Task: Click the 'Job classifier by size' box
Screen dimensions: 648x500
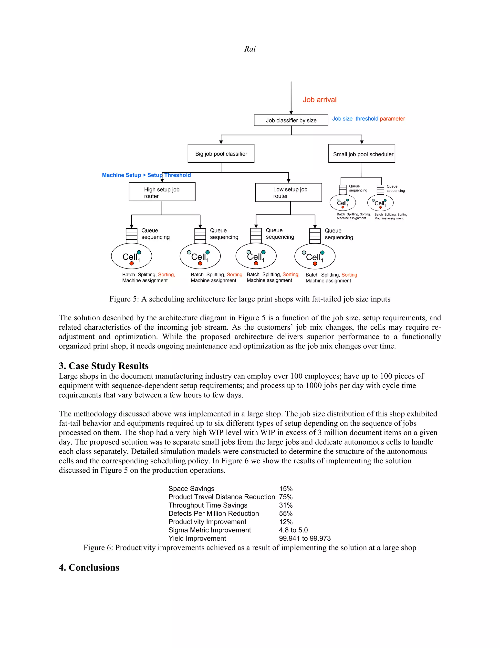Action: (291, 120)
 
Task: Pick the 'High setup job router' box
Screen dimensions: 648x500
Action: (162, 192)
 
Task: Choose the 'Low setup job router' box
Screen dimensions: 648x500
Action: (289, 192)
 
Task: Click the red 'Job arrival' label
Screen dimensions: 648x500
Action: (320, 100)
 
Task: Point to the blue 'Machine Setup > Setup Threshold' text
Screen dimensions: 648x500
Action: (146, 175)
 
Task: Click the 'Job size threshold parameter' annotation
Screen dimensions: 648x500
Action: (368, 119)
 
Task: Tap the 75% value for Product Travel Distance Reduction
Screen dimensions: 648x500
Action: (286, 497)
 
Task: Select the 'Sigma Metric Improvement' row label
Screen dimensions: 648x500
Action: (209, 530)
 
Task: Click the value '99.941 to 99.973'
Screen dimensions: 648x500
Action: (304, 538)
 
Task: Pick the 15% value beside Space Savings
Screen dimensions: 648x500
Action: (286, 488)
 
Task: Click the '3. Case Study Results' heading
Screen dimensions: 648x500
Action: (104, 366)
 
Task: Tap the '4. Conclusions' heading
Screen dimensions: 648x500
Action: (89, 567)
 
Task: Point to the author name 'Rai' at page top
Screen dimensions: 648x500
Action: (250, 49)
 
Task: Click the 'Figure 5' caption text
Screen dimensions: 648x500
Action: (250, 299)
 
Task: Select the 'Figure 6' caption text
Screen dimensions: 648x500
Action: (250, 547)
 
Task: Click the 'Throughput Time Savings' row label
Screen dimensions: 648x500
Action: (208, 505)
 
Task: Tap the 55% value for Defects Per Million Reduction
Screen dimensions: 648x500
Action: (286, 513)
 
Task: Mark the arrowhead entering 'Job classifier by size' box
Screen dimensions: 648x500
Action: (291, 113)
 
